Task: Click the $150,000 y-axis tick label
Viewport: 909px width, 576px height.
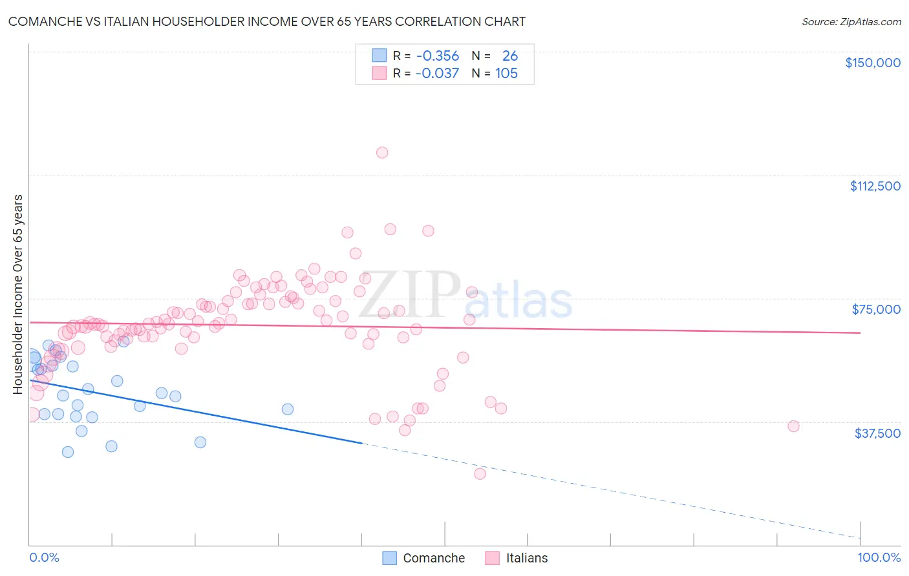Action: (x=872, y=63)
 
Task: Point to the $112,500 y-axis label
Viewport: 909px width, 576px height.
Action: (x=875, y=186)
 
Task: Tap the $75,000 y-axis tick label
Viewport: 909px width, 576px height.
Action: (x=876, y=309)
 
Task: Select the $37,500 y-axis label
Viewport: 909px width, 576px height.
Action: (x=877, y=433)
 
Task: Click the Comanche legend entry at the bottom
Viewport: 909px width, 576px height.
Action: (x=424, y=558)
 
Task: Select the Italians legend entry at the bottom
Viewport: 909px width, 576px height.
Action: (x=517, y=558)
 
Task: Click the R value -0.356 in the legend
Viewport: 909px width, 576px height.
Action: (x=437, y=56)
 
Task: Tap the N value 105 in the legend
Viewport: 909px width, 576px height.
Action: (x=506, y=74)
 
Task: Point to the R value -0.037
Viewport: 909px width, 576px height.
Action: (x=437, y=74)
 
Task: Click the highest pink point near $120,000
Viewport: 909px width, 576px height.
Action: (x=382, y=153)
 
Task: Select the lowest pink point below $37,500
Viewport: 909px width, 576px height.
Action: (x=480, y=474)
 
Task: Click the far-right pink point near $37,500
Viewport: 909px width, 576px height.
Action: (x=793, y=426)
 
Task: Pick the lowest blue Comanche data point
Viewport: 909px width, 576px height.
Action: (x=68, y=452)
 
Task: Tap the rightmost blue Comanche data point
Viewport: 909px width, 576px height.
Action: (x=288, y=409)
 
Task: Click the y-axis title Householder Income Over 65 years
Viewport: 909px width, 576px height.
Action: (x=17, y=294)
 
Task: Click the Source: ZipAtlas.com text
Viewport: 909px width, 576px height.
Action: (x=851, y=22)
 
